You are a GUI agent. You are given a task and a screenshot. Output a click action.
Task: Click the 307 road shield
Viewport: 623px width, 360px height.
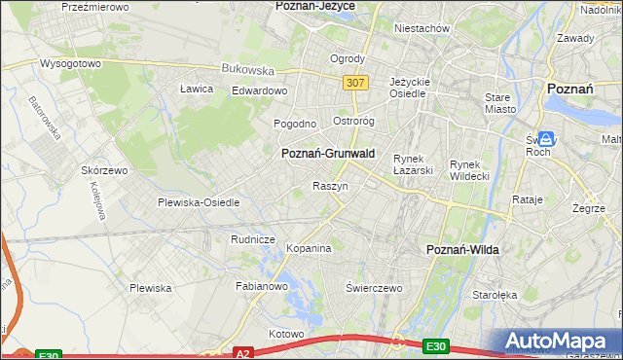pos(354,83)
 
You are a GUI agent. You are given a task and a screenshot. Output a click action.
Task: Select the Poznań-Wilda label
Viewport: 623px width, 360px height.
pos(463,250)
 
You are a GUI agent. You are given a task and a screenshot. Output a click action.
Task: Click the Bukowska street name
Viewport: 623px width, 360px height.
pos(247,70)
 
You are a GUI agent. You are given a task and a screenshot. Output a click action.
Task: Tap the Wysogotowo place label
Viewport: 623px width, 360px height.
pos(70,63)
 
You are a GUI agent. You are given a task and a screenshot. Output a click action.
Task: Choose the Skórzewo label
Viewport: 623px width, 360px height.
pos(105,169)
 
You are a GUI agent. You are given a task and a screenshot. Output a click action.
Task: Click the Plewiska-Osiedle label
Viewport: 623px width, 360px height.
pos(199,203)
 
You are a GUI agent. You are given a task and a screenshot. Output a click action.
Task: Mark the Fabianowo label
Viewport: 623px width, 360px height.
pos(262,286)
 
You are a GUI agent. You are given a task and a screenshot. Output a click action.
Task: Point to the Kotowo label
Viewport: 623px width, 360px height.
pos(286,334)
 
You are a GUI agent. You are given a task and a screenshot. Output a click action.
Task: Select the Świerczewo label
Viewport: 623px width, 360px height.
pos(374,289)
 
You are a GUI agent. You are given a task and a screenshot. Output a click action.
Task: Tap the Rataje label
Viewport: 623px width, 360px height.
pos(527,199)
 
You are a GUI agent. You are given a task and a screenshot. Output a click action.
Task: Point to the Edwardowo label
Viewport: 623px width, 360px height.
pos(259,90)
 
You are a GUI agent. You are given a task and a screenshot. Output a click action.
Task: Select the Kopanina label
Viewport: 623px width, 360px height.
pos(309,249)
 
